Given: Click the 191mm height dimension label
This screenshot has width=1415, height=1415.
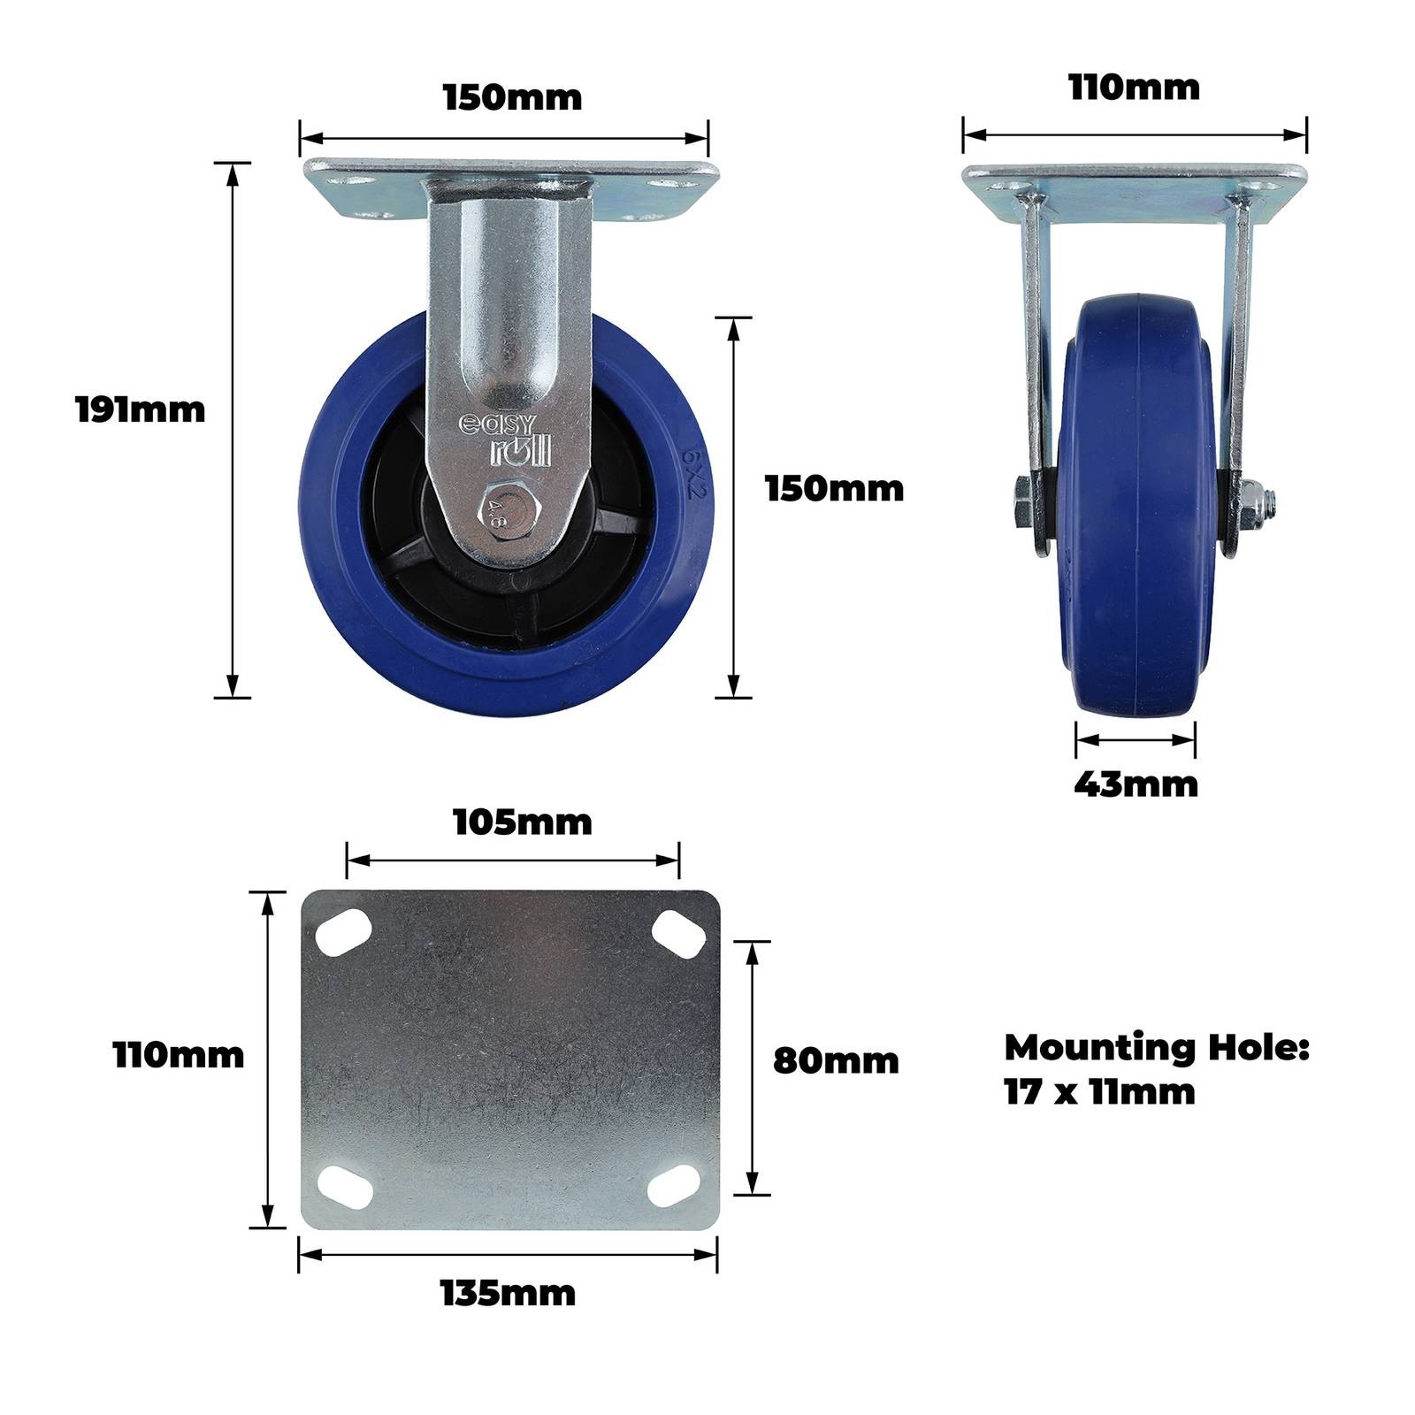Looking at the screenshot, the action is pos(141,410).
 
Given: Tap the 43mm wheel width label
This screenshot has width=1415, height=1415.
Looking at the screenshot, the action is pos(1136,784).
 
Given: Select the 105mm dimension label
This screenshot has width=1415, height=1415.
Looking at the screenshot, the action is pos(523,822).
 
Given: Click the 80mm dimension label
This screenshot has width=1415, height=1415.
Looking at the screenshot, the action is pos(836,1061).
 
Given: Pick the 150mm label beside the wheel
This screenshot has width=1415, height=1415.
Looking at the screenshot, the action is pos(835,489).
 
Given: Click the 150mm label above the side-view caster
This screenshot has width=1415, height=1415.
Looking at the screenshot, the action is pos(513,97).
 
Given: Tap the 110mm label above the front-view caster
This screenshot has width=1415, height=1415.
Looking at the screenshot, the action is pos(1135,88).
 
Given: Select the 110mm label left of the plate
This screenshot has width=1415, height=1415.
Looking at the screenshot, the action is pos(179,1055).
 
